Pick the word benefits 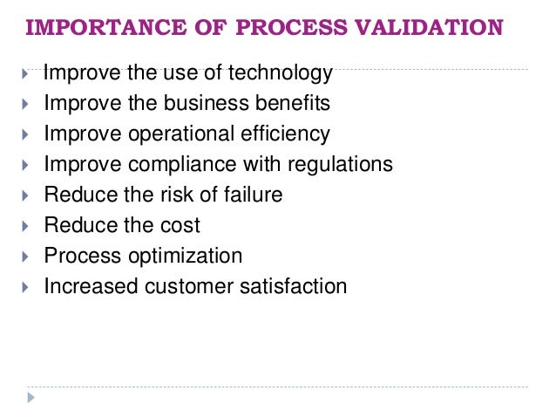click(x=288, y=103)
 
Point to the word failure click(x=253, y=195)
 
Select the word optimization click(x=186, y=257)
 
